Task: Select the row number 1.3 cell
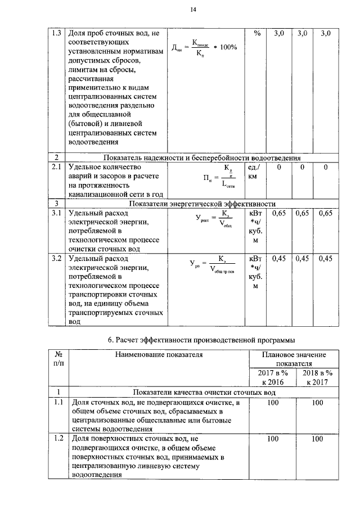[55, 34]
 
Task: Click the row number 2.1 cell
[55, 168]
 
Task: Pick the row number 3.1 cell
[55, 214]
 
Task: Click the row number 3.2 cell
[55, 259]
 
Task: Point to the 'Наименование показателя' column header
[159, 354]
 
